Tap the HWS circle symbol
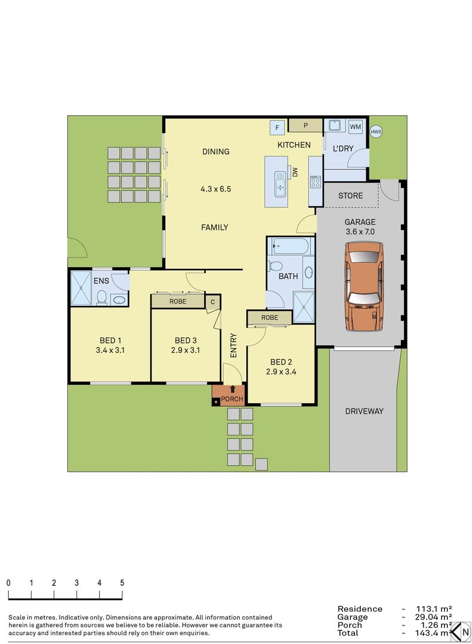tap(375, 132)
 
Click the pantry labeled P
tap(305, 125)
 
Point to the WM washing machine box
tap(356, 127)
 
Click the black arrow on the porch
tap(232, 389)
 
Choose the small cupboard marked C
tap(212, 302)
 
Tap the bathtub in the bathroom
tap(289, 246)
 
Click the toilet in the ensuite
tap(102, 297)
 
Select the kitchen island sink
tap(279, 183)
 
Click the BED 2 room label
tap(281, 362)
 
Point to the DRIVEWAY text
tap(364, 411)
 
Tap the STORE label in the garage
tap(350, 196)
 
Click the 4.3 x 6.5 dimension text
tap(215, 189)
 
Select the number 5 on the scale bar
tap(122, 583)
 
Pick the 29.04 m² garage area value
tap(436, 617)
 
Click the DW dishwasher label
tap(295, 172)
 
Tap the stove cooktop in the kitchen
tap(314, 182)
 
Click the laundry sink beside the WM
tap(334, 126)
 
